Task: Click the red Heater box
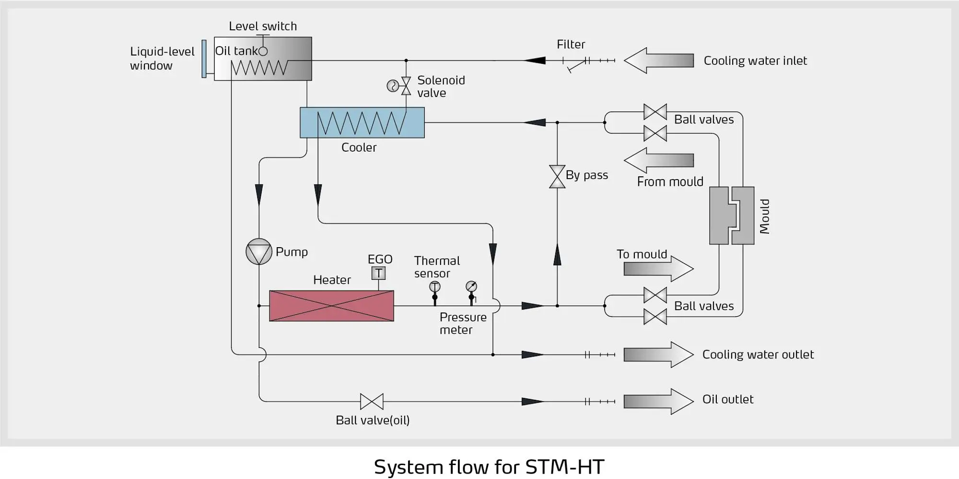(331, 306)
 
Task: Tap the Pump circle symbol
(259, 251)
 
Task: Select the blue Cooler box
(362, 123)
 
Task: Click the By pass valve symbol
(557, 177)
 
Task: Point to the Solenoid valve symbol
(406, 86)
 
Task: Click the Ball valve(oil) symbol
(372, 401)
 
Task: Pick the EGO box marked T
(378, 273)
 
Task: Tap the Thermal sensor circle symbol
(434, 287)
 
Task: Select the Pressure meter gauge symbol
(471, 287)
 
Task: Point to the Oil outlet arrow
(658, 401)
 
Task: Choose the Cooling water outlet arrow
(658, 355)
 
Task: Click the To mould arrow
(658, 269)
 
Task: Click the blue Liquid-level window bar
(204, 59)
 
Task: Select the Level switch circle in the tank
(263, 51)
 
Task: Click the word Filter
(571, 45)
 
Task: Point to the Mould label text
(764, 216)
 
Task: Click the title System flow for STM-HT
(489, 467)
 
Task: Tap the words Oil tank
(236, 51)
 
